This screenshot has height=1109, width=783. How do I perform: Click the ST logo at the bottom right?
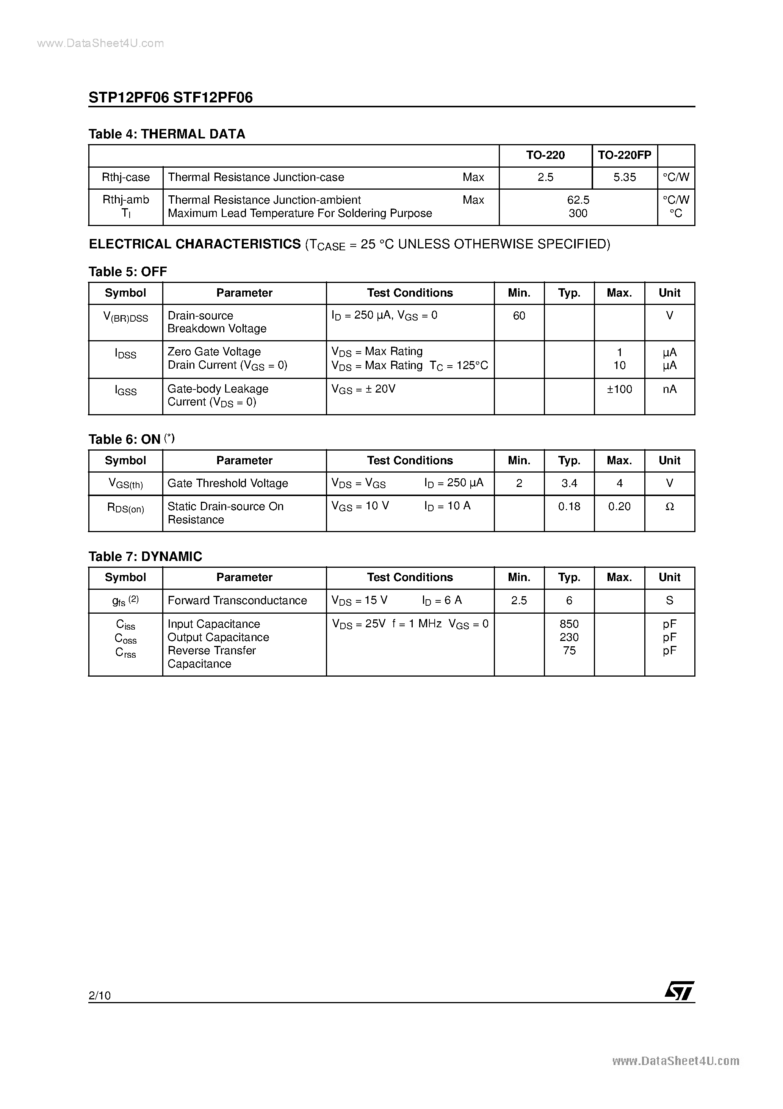tap(679, 991)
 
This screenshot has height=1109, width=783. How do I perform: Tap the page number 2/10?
tap(99, 995)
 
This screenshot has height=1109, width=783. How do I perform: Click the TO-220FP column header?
tap(624, 155)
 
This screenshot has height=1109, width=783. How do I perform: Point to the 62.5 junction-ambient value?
tap(578, 199)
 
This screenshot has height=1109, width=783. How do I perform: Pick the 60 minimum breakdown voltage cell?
tap(519, 316)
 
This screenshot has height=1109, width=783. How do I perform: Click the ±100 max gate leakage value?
tap(619, 389)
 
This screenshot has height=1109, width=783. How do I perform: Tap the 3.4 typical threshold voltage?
tap(569, 483)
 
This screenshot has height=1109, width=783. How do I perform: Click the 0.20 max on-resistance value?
tap(619, 506)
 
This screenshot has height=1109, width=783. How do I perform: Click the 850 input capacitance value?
tap(569, 624)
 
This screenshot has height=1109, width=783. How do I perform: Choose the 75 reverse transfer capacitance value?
tap(569, 650)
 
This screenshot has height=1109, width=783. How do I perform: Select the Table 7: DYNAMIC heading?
tap(145, 556)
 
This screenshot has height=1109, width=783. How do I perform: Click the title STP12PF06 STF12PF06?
tap(171, 97)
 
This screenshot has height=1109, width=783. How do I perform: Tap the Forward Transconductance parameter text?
tap(237, 600)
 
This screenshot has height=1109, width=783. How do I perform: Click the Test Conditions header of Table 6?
tap(410, 460)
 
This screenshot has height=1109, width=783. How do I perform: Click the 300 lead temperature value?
tap(578, 213)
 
